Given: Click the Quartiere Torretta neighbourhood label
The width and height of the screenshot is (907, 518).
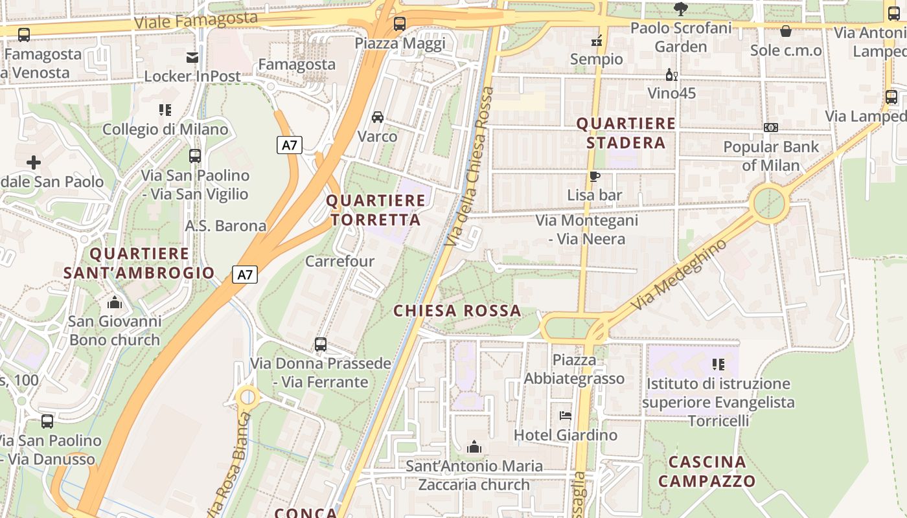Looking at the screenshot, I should pyautogui.click(x=376, y=210).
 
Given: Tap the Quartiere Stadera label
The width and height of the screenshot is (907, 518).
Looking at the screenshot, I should pyautogui.click(x=626, y=133).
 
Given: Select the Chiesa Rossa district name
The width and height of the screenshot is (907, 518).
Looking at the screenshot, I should pyautogui.click(x=457, y=311).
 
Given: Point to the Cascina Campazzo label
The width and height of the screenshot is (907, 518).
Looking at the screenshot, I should pyautogui.click(x=707, y=471).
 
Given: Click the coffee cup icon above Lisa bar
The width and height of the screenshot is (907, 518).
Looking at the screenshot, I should pyautogui.click(x=594, y=176).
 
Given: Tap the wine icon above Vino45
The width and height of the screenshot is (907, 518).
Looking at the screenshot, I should pyautogui.click(x=672, y=75).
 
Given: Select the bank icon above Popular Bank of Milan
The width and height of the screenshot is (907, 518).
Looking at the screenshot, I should pyautogui.click(x=770, y=128).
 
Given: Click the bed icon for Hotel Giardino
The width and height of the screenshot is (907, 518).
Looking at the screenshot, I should pyautogui.click(x=566, y=416).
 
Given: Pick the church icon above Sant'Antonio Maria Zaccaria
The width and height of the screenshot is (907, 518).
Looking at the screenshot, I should pyautogui.click(x=474, y=447).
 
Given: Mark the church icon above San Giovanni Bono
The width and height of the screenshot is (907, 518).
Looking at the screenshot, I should pyautogui.click(x=115, y=302).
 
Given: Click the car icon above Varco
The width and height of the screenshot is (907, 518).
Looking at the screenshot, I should pyautogui.click(x=378, y=117).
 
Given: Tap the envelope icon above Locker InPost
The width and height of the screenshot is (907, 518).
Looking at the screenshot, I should pyautogui.click(x=192, y=58).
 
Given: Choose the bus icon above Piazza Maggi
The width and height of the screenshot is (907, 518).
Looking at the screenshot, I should pyautogui.click(x=400, y=25).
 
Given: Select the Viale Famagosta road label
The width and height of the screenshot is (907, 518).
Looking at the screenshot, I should pyautogui.click(x=196, y=19).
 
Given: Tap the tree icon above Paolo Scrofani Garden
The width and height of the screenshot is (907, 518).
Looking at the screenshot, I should pyautogui.click(x=680, y=9).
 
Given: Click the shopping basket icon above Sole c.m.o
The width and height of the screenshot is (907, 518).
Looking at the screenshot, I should pyautogui.click(x=786, y=31).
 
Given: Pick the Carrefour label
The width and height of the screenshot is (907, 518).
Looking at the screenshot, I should pyautogui.click(x=339, y=262).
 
